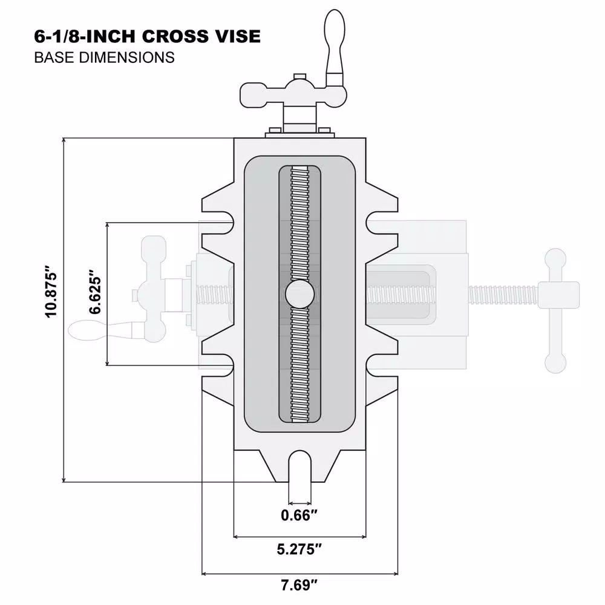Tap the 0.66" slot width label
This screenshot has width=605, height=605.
tap(299, 515)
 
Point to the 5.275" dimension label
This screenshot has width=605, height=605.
tap(299, 550)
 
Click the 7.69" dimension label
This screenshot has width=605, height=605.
tap(299, 585)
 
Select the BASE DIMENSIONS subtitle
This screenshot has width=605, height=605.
tap(104, 57)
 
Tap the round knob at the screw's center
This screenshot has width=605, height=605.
tap(299, 295)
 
